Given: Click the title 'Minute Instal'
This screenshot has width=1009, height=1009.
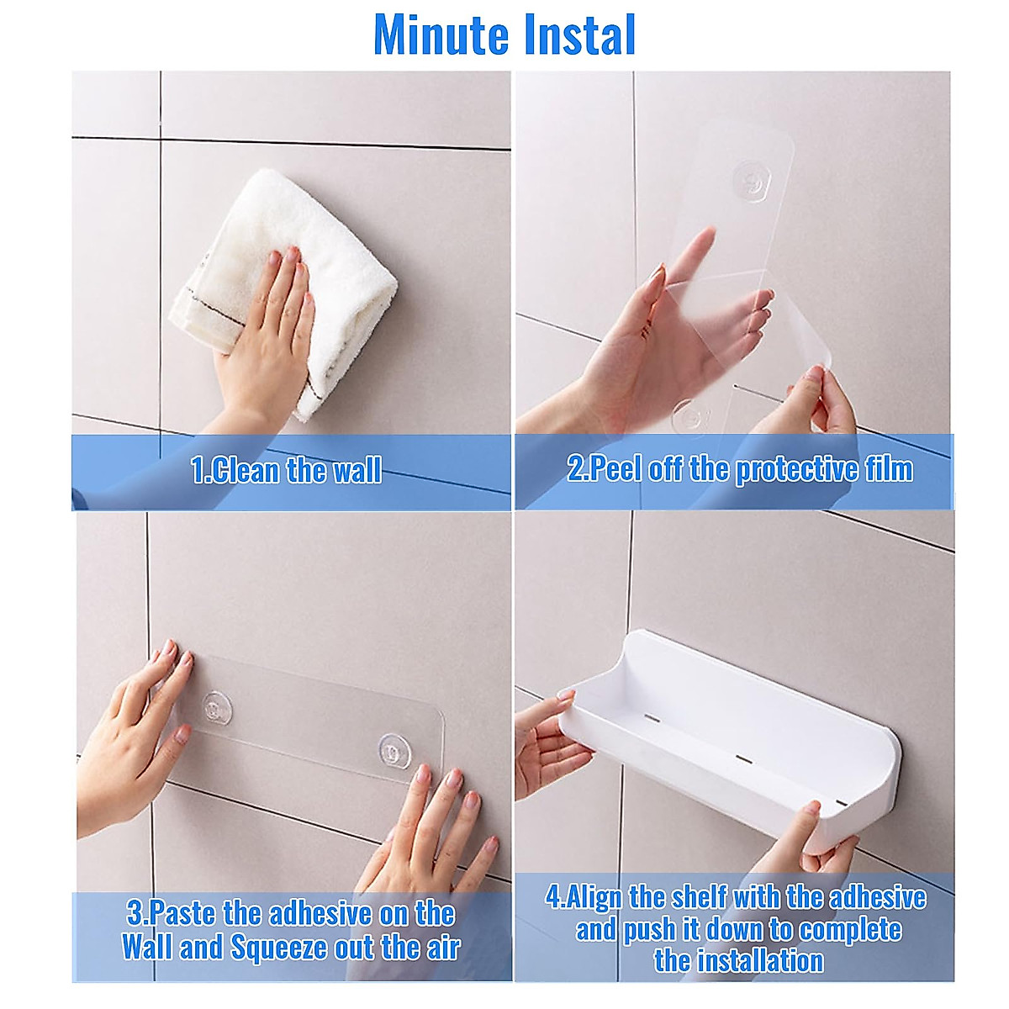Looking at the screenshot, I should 504,35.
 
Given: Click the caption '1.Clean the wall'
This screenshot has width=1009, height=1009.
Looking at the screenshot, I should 286,469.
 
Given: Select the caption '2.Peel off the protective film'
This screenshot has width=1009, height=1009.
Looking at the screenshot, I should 739,469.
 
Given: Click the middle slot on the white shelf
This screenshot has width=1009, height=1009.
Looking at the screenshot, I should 742,758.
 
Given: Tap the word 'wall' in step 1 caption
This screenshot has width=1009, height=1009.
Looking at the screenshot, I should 357,469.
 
